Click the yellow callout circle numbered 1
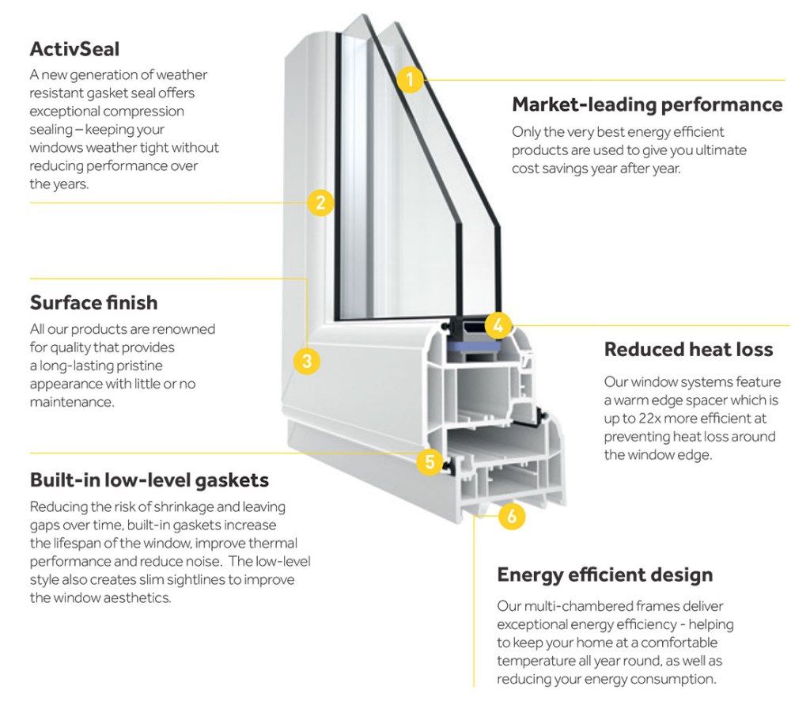(409, 79)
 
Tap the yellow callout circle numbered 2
(320, 203)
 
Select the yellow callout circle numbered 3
(307, 361)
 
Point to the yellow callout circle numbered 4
(498, 324)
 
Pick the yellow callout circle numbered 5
(429, 461)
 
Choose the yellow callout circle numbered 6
(511, 517)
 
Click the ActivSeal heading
(74, 49)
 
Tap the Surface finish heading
(93, 302)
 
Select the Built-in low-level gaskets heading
(150, 480)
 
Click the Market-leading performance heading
(647, 104)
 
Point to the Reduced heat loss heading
(688, 349)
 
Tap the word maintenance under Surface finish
(71, 402)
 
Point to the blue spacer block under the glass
(476, 346)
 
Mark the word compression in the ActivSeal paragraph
(144, 112)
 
